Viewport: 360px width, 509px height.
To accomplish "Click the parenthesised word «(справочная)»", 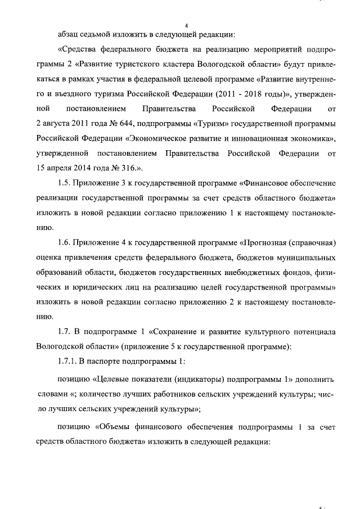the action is point(313,243).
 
